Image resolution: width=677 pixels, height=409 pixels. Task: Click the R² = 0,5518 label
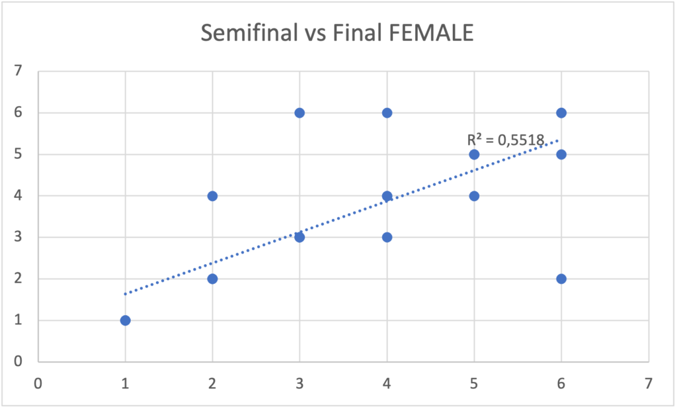[x=505, y=140]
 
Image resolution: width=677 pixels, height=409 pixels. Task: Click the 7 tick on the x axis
[x=649, y=383]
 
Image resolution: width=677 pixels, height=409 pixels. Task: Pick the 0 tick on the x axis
[x=38, y=383]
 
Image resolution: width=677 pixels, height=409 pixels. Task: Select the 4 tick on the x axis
[x=387, y=383]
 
